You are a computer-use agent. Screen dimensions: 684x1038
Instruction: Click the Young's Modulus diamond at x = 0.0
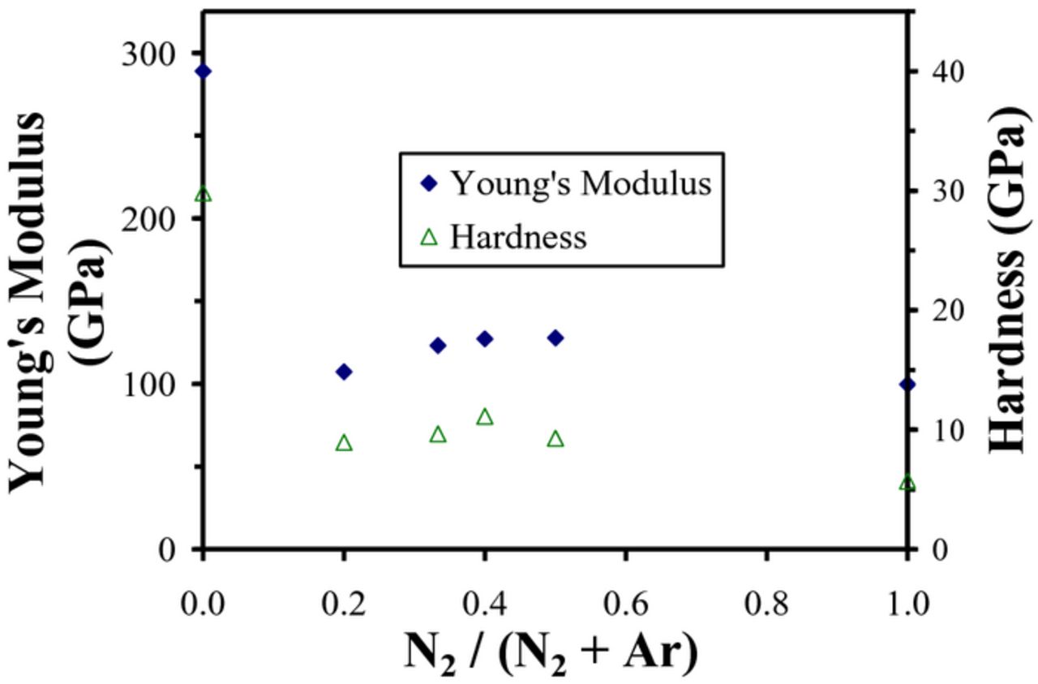[203, 71]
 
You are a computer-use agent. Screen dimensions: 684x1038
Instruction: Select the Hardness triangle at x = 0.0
[203, 195]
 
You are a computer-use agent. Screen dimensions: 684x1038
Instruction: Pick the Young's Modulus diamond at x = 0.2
[344, 372]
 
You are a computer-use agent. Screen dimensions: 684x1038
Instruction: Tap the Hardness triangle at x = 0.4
[485, 417]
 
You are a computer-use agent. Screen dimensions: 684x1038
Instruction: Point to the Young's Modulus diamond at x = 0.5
[555, 338]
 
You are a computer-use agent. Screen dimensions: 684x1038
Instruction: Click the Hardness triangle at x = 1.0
[907, 484]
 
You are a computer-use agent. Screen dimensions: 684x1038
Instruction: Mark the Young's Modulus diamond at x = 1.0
[907, 384]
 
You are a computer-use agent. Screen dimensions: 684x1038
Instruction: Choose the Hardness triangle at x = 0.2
[344, 443]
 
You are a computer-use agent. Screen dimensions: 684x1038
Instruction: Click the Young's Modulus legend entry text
[581, 183]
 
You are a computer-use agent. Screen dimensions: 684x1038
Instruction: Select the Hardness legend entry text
[517, 237]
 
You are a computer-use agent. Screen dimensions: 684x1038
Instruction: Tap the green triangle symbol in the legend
[429, 238]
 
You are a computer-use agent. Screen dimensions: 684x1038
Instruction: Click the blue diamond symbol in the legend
[429, 184]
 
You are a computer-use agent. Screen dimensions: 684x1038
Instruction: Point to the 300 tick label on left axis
[148, 54]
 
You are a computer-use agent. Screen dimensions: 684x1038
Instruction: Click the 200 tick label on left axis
[148, 219]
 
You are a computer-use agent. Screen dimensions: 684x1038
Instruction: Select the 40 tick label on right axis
[951, 71]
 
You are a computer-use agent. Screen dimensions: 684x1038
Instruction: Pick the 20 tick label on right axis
[951, 311]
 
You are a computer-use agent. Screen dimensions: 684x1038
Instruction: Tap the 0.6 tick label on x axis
[625, 604]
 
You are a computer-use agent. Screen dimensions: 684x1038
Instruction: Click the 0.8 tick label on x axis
[766, 604]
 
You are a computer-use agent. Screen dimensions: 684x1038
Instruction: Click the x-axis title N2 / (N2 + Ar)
[551, 654]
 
